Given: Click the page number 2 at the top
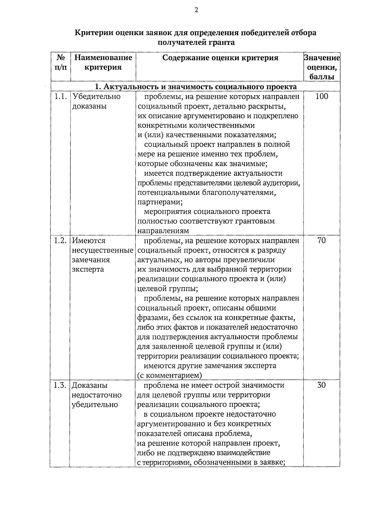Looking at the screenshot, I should pyautogui.click(x=196, y=10).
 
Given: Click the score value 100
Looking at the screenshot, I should pyautogui.click(x=322, y=97).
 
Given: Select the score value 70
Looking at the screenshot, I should pyautogui.click(x=322, y=241).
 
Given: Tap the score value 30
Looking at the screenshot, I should pyautogui.click(x=322, y=385).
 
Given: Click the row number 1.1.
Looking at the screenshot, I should pyautogui.click(x=60, y=97).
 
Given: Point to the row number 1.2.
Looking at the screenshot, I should pyautogui.click(x=60, y=241).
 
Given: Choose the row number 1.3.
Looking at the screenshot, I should pyautogui.click(x=60, y=385).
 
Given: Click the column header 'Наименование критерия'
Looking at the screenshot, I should pyautogui.click(x=103, y=62).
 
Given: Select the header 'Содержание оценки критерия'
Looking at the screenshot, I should pyautogui.click(x=220, y=58).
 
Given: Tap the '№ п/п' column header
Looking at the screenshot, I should pyautogui.click(x=61, y=62).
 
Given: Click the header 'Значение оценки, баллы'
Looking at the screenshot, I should pyautogui.click(x=322, y=67).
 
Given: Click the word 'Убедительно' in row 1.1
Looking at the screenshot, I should pyautogui.click(x=96, y=97).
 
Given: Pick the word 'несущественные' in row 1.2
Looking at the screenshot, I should pyautogui.click(x=103, y=251).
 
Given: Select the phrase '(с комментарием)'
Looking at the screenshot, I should pyautogui.click(x=169, y=376).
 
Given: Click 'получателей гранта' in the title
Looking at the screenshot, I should pyautogui.click(x=196, y=42).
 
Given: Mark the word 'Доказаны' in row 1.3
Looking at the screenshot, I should pyautogui.click(x=89, y=385).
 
